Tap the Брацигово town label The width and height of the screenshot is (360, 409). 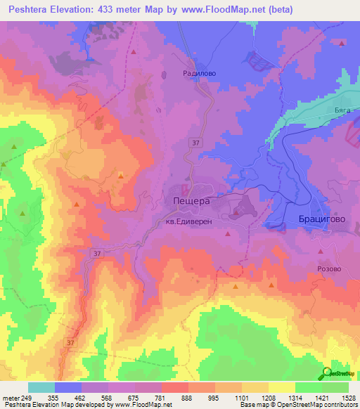tap(313, 219)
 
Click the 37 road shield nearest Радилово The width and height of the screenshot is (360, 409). tap(193, 143)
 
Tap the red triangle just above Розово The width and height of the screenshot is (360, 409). tap(321, 249)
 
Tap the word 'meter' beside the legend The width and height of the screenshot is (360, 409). tap(11, 397)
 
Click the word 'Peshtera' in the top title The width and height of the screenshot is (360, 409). tap(32, 10)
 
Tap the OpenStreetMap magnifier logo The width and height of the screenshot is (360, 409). tap(328, 374)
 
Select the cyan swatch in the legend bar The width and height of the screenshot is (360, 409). tap(41, 387)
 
